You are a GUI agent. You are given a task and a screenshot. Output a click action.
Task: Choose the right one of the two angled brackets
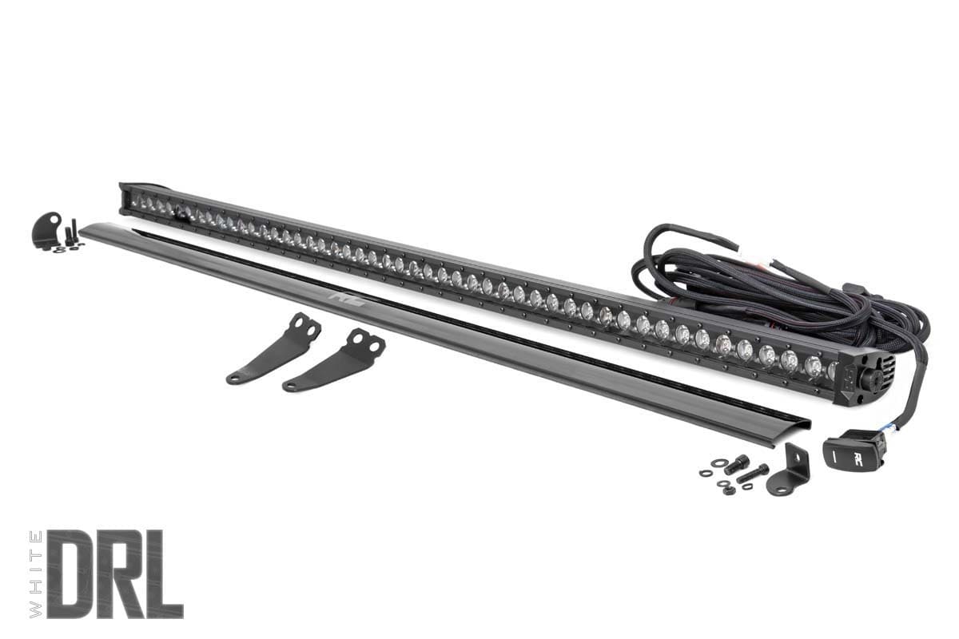pyautogui.click(x=336, y=361)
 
